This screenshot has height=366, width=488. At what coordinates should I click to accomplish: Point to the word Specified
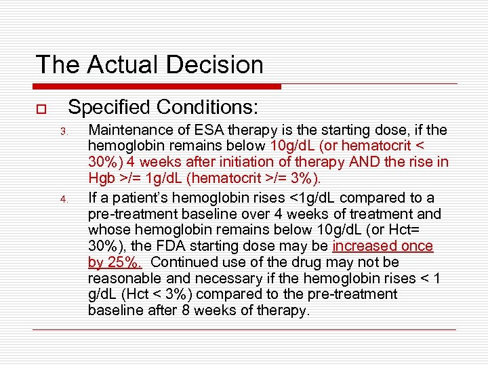tap(109, 107)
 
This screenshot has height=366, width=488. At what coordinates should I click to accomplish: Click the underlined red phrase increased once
tap(383, 245)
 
